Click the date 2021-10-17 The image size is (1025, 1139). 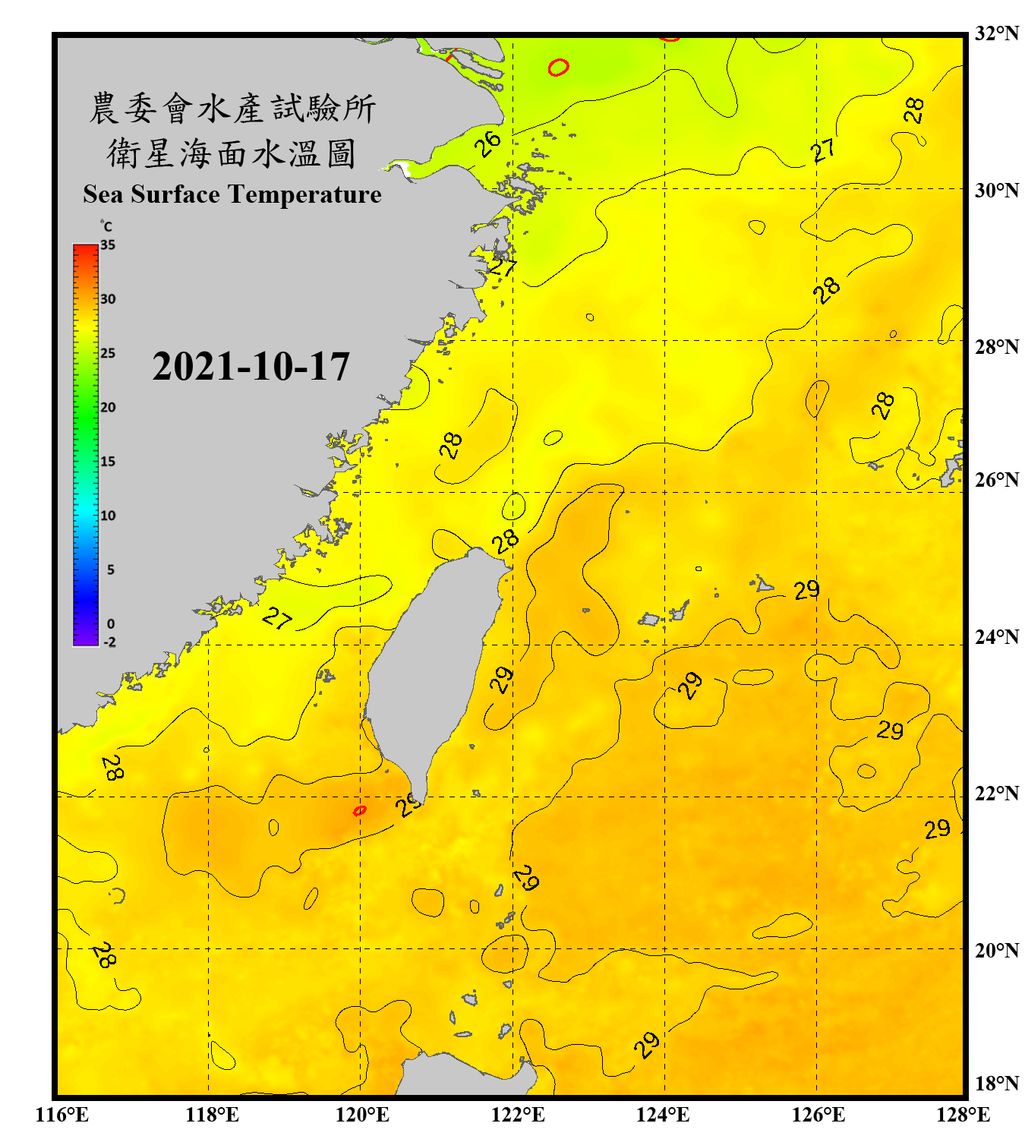pyautogui.click(x=251, y=367)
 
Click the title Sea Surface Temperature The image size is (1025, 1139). pyautogui.click(x=232, y=194)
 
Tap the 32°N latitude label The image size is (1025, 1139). pyautogui.click(x=996, y=33)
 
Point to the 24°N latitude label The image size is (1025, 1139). pyautogui.click(x=996, y=636)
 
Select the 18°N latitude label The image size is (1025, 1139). pyautogui.click(x=996, y=1084)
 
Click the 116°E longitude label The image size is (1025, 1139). pyautogui.click(x=62, y=1115)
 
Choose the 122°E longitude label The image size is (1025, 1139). pyautogui.click(x=518, y=1115)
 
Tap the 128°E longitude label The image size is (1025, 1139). pyautogui.click(x=963, y=1115)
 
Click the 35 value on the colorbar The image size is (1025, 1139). pyautogui.click(x=108, y=245)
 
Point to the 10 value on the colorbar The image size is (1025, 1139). pyautogui.click(x=108, y=516)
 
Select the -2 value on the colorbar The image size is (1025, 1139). pyautogui.click(x=109, y=642)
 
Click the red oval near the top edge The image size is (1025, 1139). pyautogui.click(x=558, y=68)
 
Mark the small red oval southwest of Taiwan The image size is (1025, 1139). pyautogui.click(x=360, y=811)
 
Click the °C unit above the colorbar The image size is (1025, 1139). pyautogui.click(x=106, y=226)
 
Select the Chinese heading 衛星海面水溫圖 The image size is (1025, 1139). pyautogui.click(x=232, y=153)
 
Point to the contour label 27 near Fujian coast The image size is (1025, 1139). pyautogui.click(x=277, y=619)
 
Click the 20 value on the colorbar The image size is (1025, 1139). pyautogui.click(x=108, y=408)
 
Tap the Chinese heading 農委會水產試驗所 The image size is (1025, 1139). pyautogui.click(x=232, y=109)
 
